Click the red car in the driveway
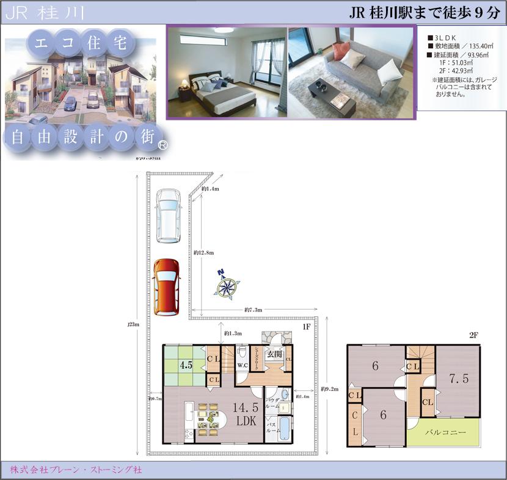166,287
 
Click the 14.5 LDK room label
247,414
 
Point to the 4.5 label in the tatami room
186,366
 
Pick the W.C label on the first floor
242,366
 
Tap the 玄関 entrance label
274,355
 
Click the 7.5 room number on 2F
459,379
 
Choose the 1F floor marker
307,327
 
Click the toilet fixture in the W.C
243,354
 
